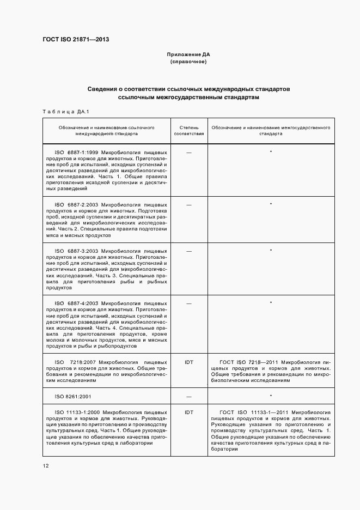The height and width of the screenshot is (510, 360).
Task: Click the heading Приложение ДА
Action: (x=188, y=55)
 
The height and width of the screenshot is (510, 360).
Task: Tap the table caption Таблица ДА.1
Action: (x=66, y=112)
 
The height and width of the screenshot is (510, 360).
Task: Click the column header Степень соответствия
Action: (x=189, y=130)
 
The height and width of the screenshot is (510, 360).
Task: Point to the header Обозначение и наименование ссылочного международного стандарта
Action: (x=107, y=130)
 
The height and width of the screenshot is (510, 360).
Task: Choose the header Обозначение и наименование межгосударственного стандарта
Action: (x=271, y=130)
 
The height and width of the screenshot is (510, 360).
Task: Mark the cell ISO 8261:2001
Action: (x=75, y=397)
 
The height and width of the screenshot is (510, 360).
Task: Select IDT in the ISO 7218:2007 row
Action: (x=189, y=362)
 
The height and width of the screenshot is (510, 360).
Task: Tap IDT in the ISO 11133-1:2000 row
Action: (x=189, y=412)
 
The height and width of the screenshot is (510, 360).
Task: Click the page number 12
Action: (x=45, y=465)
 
